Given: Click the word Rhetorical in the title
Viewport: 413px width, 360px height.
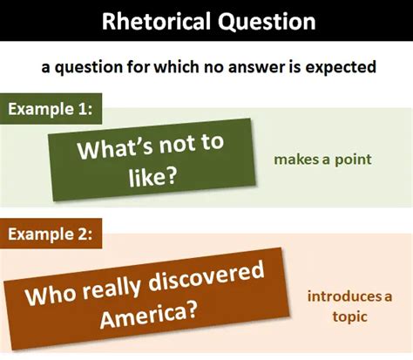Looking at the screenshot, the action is pos(156,21).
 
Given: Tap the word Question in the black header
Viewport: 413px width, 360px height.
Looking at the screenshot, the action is pos(267,22).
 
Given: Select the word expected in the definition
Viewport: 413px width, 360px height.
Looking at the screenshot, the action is pos(341,68).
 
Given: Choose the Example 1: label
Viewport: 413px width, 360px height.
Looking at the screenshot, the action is pos(51,109).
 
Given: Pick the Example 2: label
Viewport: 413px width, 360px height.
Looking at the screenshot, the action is pos(51,234).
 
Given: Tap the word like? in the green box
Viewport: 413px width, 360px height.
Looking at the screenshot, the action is pos(152,176).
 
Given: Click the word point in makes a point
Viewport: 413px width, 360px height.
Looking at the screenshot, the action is pos(353,160).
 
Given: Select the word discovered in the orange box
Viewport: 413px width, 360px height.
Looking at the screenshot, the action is pos(206,276).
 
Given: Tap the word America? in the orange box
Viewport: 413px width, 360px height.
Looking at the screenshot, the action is pos(148,316).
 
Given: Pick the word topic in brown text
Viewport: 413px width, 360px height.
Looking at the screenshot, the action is pos(349,317).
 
